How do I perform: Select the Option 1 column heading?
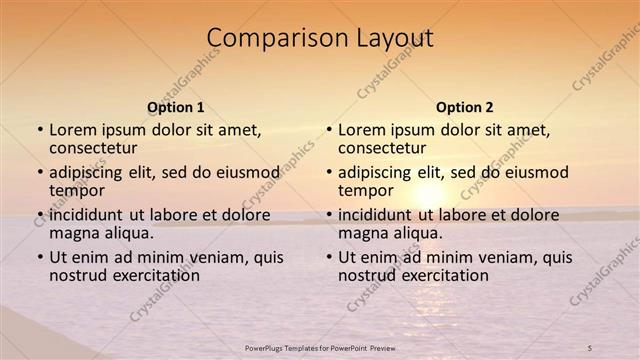tap(176, 107)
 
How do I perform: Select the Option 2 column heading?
tap(465, 107)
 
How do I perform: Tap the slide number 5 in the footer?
tap(590, 347)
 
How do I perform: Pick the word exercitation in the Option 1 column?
tap(149, 276)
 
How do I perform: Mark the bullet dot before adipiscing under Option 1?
tap(40, 173)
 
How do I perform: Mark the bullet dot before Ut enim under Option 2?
tap(329, 258)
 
